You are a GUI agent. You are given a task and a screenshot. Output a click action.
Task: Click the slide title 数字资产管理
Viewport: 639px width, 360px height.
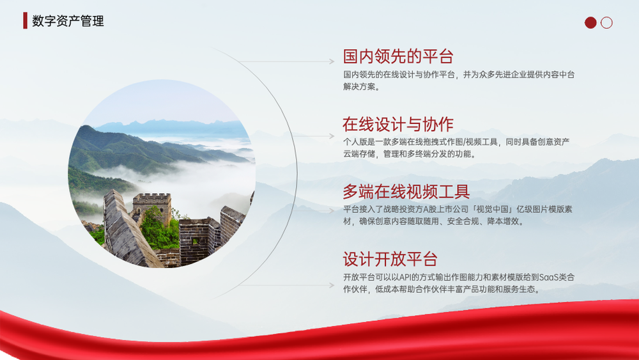(x=68, y=21)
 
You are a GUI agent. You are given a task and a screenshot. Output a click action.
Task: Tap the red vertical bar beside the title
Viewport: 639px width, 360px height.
(x=26, y=20)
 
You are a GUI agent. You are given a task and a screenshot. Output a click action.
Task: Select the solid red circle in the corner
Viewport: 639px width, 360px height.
(x=590, y=22)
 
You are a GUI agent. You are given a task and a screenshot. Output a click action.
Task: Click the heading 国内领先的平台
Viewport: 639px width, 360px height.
(x=398, y=56)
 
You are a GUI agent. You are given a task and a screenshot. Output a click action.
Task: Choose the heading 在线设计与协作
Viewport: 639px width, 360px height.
(x=398, y=124)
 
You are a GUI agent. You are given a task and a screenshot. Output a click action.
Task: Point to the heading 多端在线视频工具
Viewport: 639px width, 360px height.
(x=406, y=192)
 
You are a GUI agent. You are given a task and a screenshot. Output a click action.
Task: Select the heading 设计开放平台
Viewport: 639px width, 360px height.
(x=390, y=259)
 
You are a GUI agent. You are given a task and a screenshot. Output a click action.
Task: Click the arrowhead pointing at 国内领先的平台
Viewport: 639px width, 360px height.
(x=332, y=61)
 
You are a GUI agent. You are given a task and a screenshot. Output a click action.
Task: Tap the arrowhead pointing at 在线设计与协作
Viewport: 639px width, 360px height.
(x=332, y=136)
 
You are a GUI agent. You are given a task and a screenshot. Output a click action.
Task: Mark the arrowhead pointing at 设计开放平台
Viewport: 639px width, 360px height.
(x=332, y=285)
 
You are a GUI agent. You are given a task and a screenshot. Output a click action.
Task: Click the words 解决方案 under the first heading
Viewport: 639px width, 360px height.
(x=359, y=86)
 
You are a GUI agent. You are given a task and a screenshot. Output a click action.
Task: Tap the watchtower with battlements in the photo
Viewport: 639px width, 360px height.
(x=151, y=208)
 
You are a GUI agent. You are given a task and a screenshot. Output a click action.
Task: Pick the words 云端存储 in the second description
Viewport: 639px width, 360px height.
(x=359, y=153)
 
